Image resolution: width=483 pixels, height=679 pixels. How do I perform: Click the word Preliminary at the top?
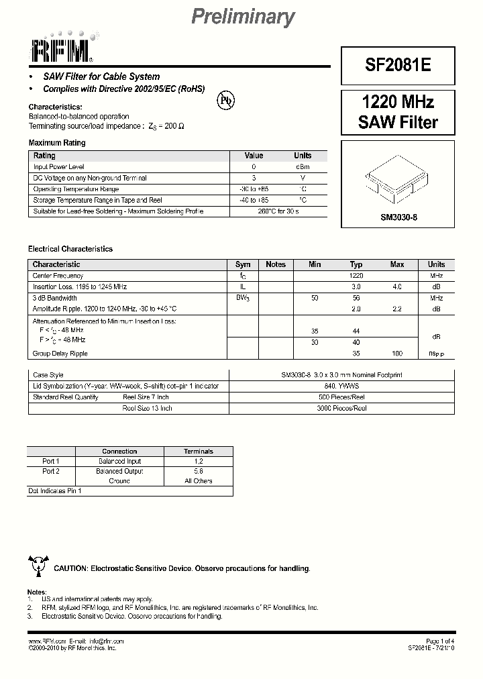(243, 17)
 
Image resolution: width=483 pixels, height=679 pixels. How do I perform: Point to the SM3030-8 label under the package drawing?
(398, 217)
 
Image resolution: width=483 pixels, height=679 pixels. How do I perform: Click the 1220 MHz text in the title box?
(398, 102)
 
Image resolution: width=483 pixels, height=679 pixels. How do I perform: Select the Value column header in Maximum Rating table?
(254, 156)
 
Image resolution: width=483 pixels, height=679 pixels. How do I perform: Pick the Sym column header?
(243, 264)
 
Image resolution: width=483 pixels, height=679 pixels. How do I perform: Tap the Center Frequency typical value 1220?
(356, 276)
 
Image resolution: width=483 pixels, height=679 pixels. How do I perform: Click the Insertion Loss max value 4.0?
(396, 287)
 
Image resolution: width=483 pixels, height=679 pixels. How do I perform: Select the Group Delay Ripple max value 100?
(396, 354)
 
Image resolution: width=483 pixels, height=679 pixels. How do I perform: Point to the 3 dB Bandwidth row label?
(55, 298)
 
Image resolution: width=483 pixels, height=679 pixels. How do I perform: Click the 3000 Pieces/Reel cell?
(341, 408)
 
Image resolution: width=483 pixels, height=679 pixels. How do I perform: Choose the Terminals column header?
(199, 452)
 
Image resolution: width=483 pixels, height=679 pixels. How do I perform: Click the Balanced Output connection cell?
(119, 471)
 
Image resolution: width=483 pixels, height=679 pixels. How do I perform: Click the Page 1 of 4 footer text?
(440, 641)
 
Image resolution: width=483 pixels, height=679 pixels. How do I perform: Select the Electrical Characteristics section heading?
(70, 249)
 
